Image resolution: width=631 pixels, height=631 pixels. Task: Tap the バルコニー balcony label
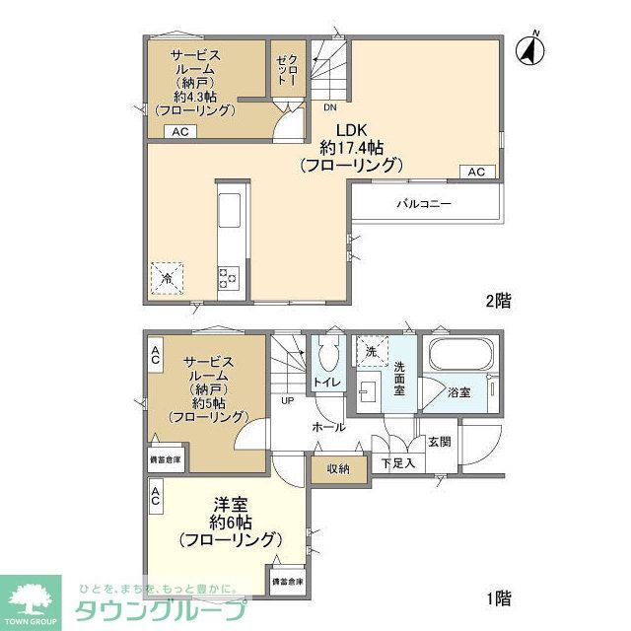(425, 204)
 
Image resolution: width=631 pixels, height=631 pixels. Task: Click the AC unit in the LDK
(476, 172)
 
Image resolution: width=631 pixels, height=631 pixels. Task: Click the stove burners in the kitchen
(227, 277)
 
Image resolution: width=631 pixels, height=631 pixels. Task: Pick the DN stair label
(330, 106)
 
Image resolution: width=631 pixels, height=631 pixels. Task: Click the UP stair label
(287, 401)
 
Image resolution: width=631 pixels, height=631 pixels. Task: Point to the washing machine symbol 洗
(372, 352)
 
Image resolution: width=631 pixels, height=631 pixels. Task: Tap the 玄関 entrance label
(439, 441)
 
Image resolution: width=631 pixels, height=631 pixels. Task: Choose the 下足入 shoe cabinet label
(397, 461)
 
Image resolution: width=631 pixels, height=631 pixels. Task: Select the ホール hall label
(328, 427)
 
